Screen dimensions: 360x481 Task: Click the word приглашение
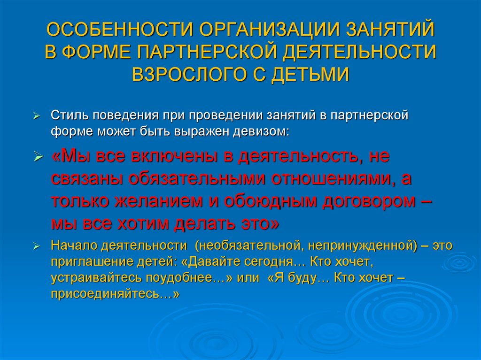pos(89,261)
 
